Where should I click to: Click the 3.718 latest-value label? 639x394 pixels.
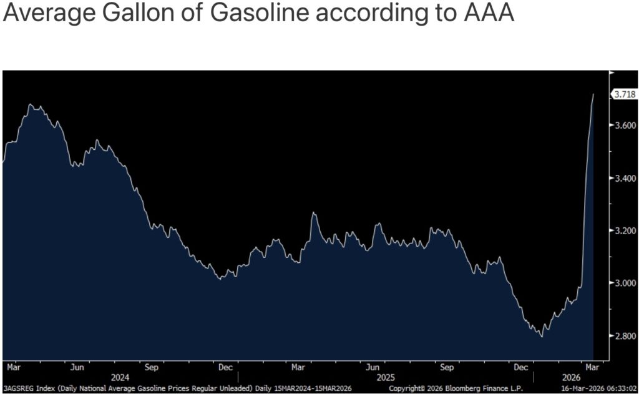point(625,94)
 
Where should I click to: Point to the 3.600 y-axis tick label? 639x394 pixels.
point(624,126)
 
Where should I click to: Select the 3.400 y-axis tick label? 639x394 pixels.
point(624,179)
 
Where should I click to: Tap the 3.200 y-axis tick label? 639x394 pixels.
point(624,231)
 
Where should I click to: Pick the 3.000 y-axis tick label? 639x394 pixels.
point(624,283)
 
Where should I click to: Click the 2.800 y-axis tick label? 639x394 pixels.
point(624,337)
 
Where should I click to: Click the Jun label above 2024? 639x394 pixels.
point(79,367)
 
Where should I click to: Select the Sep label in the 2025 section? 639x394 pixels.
point(447,367)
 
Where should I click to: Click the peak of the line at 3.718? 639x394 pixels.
point(593,94)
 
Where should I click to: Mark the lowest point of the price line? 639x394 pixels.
point(542,337)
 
